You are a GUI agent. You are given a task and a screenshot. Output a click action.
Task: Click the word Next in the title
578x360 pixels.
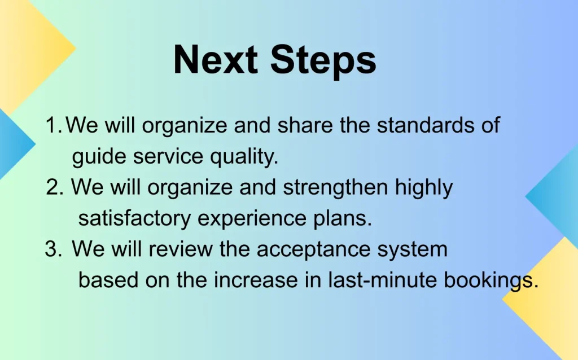[x=215, y=60]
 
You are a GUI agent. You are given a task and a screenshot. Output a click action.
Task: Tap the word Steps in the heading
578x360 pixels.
[x=323, y=61]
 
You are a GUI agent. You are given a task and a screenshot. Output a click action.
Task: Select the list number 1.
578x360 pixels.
[x=54, y=125]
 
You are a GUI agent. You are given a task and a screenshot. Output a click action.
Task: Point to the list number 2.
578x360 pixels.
[x=55, y=187]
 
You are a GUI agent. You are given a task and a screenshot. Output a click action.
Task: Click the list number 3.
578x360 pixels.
[x=54, y=249]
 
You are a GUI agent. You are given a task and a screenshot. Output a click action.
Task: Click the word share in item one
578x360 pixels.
[x=305, y=125]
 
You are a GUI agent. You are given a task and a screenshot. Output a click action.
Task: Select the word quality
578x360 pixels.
[x=244, y=157]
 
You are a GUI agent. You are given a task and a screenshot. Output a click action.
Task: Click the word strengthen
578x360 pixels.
[x=335, y=187]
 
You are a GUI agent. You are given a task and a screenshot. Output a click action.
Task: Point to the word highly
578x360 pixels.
[x=424, y=187]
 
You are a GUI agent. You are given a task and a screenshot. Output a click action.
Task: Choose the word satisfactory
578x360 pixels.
[x=134, y=218]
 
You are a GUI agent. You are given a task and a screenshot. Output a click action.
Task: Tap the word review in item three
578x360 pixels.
[x=181, y=249]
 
